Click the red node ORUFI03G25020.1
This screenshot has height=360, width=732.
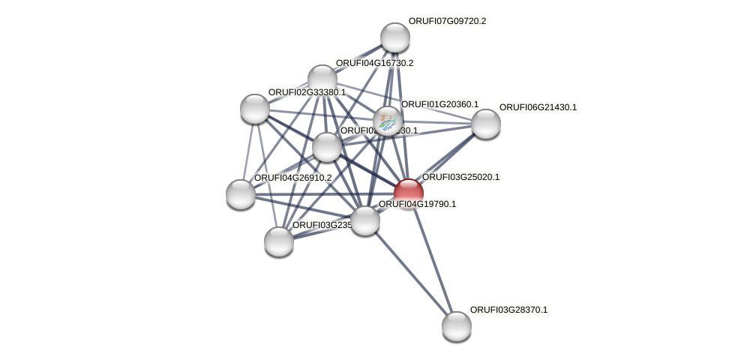pos(409,193)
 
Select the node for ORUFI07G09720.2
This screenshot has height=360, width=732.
pos(395,37)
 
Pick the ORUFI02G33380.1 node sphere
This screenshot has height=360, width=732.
pos(255,109)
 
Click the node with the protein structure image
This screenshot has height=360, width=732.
pos(388,120)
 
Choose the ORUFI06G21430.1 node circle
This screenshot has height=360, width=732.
pos(485,124)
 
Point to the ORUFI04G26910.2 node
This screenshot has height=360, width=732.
pos(241,194)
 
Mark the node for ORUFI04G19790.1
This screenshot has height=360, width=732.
pos(365,220)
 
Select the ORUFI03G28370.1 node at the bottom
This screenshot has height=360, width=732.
pos(456,326)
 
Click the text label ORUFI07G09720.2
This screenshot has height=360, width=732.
pos(447,21)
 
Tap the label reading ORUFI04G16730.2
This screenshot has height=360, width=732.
pos(374,63)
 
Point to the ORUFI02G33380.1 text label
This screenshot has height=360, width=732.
pos(307,92)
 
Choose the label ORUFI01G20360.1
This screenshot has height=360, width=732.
pos(439,104)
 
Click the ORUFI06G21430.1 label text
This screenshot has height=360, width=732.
pos(538,107)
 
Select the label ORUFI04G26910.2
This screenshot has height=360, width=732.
pos(292,178)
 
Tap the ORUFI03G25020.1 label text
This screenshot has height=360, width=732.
pos(460,177)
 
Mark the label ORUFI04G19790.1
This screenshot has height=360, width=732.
pos(417,204)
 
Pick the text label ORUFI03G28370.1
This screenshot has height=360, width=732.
pos(508,310)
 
